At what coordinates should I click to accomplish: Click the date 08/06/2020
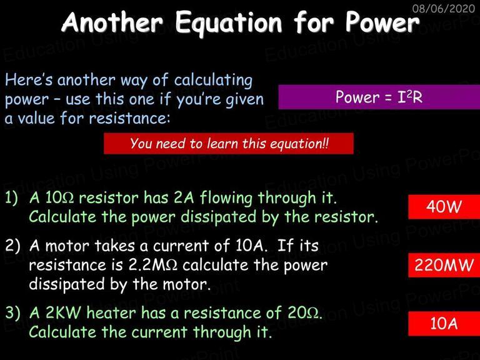click(x=444, y=8)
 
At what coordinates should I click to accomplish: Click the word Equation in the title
click(x=229, y=23)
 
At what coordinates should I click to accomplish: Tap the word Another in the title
click(x=112, y=22)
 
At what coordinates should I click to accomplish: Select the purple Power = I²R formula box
click(x=379, y=97)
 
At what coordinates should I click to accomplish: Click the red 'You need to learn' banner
click(x=229, y=143)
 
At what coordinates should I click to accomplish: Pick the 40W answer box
click(x=444, y=206)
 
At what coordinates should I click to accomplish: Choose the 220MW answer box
click(x=444, y=265)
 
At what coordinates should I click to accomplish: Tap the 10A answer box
click(x=444, y=323)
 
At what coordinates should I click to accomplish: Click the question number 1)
click(x=12, y=198)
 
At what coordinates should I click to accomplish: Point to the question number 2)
click(x=12, y=246)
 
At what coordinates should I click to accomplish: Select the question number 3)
click(x=12, y=313)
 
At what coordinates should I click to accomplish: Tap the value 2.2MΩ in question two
click(x=152, y=265)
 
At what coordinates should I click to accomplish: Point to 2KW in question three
click(x=63, y=313)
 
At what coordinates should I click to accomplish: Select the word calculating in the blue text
click(x=213, y=81)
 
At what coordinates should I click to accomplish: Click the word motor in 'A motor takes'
click(x=67, y=246)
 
